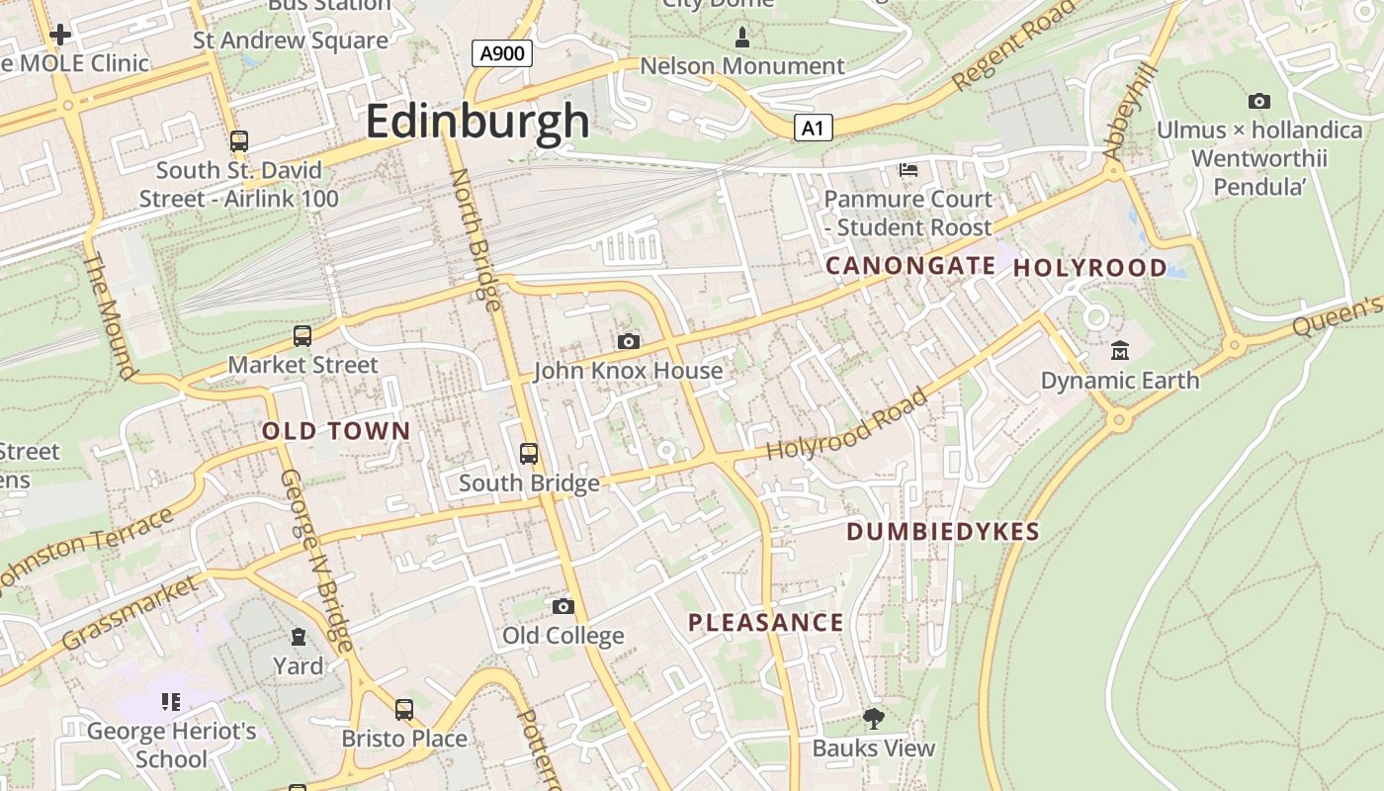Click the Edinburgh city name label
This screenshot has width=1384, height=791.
click(477, 122)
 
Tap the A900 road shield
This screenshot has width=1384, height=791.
click(502, 53)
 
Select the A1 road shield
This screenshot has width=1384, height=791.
click(812, 128)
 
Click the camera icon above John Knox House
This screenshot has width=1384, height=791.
click(628, 341)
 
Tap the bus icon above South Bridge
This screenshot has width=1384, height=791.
click(529, 454)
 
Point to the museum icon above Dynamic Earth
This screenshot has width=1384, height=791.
click(1119, 350)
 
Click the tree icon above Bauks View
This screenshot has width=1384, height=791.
click(873, 718)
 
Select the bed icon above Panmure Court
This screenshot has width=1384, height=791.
click(908, 170)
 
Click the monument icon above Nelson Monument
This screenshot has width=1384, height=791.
click(742, 38)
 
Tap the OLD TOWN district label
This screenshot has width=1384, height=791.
click(336, 431)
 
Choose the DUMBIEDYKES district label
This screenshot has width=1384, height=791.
click(943, 532)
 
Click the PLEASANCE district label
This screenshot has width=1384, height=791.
click(766, 623)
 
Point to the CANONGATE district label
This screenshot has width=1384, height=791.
click(910, 265)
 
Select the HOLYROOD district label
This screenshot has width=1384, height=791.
click(1090, 268)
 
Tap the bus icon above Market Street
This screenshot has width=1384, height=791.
click(303, 336)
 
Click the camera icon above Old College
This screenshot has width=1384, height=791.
click(562, 606)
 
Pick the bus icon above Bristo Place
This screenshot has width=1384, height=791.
click(403, 709)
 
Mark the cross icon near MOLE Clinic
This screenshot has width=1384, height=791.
click(60, 36)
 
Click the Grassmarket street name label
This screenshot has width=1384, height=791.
click(130, 615)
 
